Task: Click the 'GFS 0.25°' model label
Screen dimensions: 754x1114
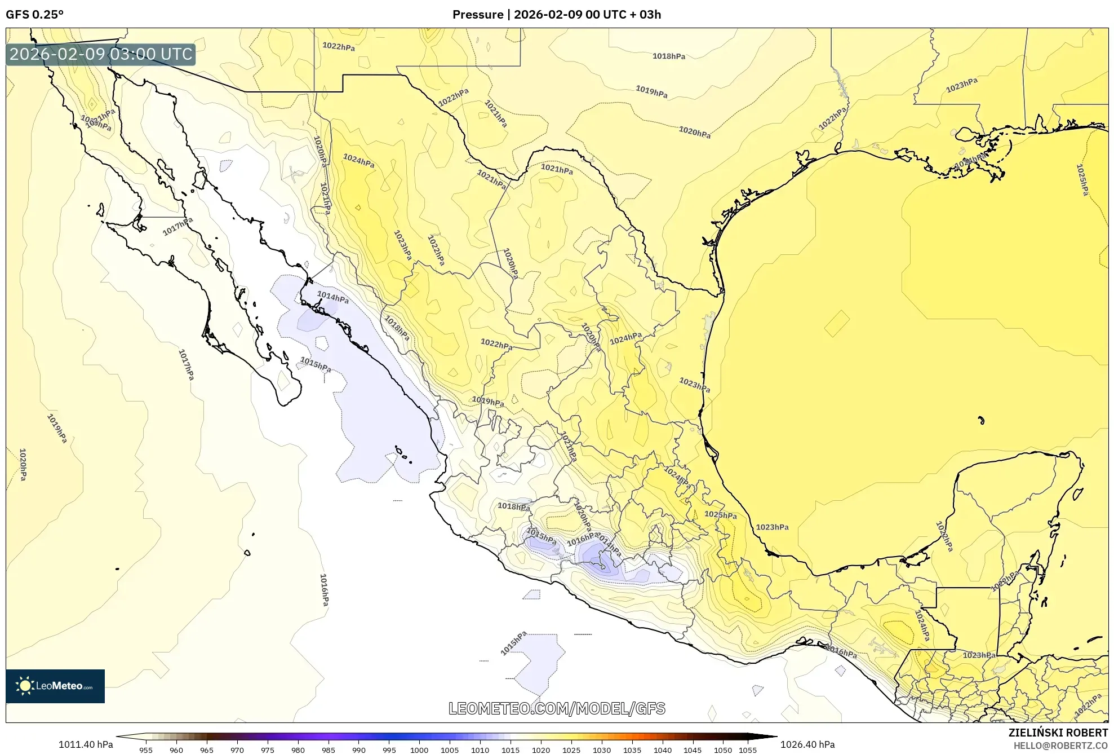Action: [x=34, y=15]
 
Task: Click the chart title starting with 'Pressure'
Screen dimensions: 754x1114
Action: [x=556, y=15]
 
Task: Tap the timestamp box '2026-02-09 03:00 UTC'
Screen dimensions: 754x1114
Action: [x=101, y=55]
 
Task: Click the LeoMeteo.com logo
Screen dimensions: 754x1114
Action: [x=55, y=686]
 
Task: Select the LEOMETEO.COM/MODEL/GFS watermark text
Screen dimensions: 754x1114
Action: [x=556, y=708]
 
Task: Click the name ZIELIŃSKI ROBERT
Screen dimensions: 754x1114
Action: [x=1058, y=733]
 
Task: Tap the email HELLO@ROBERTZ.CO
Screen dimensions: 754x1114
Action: [x=1060, y=746]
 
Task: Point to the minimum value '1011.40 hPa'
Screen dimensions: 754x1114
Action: [x=86, y=744]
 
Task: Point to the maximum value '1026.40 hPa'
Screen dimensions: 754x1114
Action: [x=807, y=744]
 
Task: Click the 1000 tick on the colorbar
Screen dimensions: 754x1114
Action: [x=419, y=750]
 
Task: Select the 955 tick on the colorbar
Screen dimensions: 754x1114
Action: [x=146, y=750]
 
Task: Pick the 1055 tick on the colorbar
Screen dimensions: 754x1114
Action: [x=748, y=750]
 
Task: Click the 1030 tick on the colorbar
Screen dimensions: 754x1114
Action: [x=601, y=750]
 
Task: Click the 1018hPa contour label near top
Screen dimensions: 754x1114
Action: [x=669, y=56]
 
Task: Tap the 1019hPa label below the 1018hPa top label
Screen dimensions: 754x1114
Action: [x=651, y=91]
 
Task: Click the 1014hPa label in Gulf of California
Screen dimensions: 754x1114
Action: [x=332, y=297]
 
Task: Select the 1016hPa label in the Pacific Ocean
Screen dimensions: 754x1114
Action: [x=324, y=590]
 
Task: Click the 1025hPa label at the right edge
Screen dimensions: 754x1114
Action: [x=1082, y=180]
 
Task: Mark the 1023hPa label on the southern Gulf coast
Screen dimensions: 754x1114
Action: [x=771, y=527]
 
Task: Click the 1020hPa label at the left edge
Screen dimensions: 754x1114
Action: [x=23, y=464]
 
